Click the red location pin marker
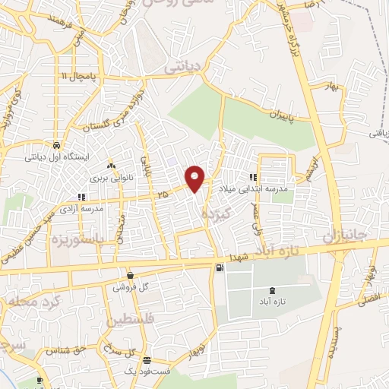195,178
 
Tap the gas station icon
220,267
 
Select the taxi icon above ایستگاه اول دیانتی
58,144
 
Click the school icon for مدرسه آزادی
81,197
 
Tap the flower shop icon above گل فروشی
131,276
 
